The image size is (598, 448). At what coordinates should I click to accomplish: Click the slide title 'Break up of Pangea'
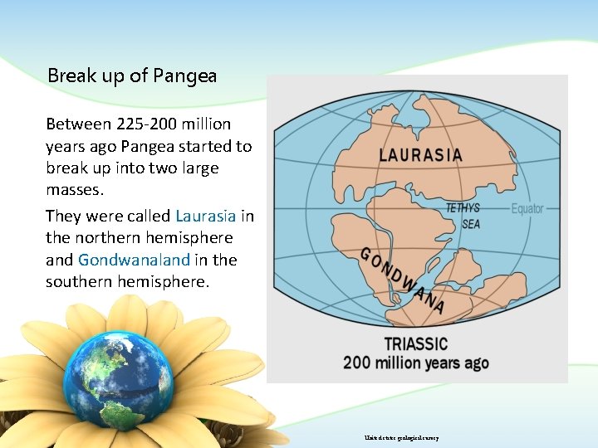click(132, 75)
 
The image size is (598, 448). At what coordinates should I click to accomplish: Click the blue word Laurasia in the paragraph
click(206, 216)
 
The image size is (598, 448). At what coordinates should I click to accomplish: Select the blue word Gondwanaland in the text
click(134, 260)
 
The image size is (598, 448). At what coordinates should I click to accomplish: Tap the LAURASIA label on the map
click(420, 154)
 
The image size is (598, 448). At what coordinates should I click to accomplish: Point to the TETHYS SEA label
click(463, 216)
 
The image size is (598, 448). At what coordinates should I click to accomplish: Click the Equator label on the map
click(527, 208)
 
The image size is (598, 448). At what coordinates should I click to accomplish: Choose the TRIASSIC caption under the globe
click(415, 344)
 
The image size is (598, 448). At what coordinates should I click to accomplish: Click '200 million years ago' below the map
click(416, 363)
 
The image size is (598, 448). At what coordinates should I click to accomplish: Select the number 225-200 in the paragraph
click(145, 124)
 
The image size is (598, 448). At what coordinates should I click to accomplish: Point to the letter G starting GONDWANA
click(365, 253)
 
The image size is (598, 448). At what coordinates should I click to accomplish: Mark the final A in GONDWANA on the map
click(438, 309)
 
